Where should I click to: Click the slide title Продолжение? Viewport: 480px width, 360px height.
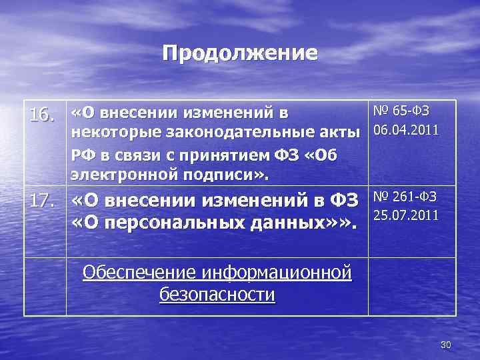point(240,53)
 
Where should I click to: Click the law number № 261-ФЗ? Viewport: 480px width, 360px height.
point(405,196)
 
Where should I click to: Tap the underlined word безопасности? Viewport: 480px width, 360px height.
point(217,294)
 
